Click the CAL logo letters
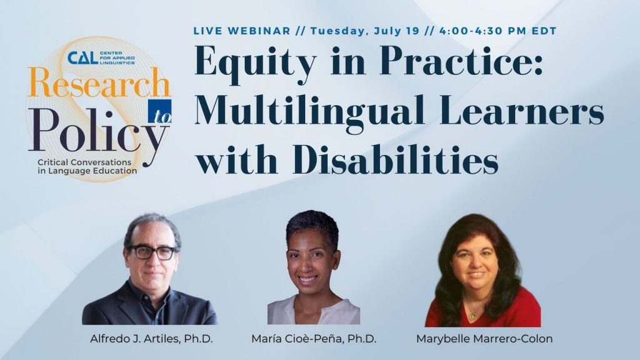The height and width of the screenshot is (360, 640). (x=82, y=58)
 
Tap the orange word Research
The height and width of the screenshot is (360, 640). (x=98, y=82)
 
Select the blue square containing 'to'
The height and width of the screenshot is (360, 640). (x=159, y=111)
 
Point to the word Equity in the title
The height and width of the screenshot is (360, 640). (x=256, y=62)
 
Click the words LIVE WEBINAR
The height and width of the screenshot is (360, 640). (x=242, y=31)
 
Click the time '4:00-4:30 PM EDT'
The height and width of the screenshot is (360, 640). (x=498, y=31)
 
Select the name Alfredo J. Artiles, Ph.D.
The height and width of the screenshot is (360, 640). (x=151, y=339)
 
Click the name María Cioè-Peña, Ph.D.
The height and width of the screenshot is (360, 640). (x=314, y=339)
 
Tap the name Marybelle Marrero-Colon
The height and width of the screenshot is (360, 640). (x=484, y=339)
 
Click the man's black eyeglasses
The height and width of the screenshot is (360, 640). (x=152, y=252)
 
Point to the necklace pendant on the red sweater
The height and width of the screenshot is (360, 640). (x=472, y=316)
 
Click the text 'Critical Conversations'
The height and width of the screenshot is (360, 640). (x=84, y=162)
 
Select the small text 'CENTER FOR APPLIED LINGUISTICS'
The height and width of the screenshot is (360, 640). (x=117, y=58)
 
